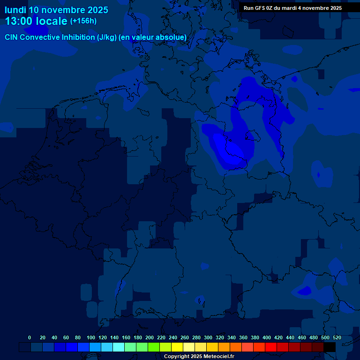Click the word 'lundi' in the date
15,10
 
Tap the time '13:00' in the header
21,21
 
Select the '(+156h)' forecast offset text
83,21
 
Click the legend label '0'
30,337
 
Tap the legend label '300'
208,337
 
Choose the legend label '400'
267,337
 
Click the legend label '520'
337,337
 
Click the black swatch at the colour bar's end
330,347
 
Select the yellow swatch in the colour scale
177,347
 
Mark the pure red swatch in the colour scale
271,347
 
